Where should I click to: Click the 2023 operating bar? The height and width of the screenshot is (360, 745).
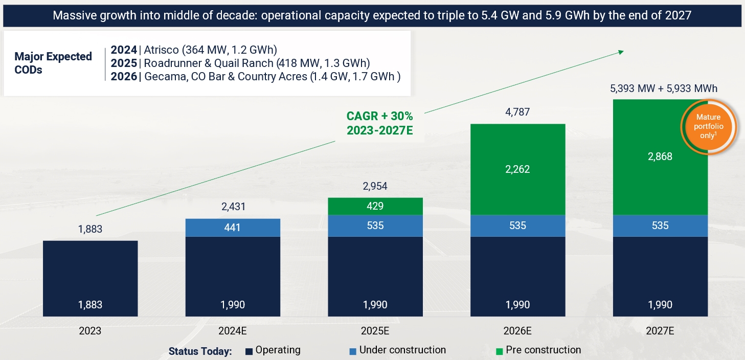(x=90, y=279)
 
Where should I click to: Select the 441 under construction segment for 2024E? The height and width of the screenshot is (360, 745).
(x=233, y=228)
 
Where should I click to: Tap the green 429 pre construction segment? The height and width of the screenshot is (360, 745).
(x=375, y=206)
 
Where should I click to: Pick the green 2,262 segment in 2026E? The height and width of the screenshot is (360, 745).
(x=517, y=169)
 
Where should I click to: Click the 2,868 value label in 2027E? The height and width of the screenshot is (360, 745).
(x=660, y=156)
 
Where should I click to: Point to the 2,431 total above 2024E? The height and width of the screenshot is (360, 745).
(x=233, y=207)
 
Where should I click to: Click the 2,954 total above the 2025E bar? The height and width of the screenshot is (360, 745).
(x=375, y=186)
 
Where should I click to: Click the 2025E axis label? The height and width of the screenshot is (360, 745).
(x=375, y=331)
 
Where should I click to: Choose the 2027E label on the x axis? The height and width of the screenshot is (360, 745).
(x=660, y=331)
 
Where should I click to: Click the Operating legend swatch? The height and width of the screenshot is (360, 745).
(x=250, y=351)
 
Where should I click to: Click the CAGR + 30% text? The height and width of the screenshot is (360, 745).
(x=379, y=116)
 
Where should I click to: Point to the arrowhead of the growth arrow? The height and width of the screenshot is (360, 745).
(x=621, y=51)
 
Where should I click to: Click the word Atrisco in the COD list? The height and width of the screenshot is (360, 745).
(x=161, y=50)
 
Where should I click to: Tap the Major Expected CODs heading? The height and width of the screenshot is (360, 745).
(x=53, y=63)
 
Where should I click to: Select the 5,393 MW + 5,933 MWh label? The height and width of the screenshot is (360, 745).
(x=663, y=88)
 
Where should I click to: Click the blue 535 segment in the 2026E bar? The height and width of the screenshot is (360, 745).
(x=517, y=226)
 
